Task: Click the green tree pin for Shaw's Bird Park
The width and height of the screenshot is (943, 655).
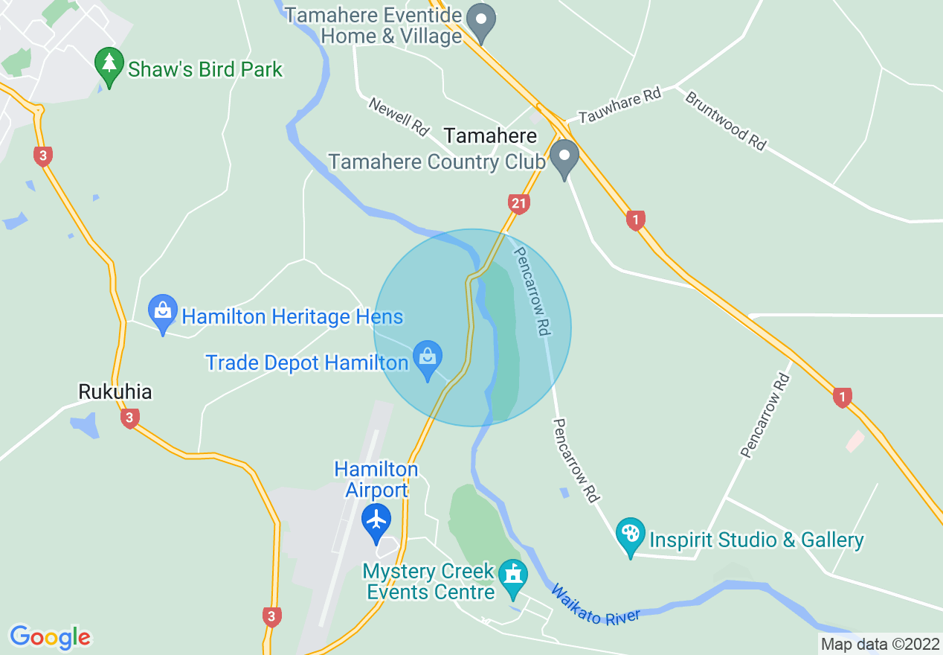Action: click(x=110, y=65)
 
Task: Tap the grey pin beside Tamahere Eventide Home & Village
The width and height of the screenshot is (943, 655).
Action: click(x=484, y=21)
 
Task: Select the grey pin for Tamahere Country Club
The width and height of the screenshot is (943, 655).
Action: click(x=564, y=157)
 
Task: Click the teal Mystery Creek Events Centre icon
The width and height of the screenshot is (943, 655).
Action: click(x=512, y=577)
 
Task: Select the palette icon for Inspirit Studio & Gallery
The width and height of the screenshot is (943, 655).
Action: click(x=631, y=534)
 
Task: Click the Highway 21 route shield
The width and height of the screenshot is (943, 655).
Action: click(x=519, y=203)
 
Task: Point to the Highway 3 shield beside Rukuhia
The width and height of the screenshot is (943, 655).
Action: click(x=129, y=418)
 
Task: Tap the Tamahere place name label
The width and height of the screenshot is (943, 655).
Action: click(x=490, y=136)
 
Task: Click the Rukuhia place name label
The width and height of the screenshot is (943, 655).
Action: click(x=115, y=392)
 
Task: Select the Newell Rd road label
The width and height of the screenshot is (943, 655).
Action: click(x=399, y=117)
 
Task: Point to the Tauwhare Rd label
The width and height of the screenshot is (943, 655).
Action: click(x=619, y=106)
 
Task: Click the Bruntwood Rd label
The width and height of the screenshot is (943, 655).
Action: click(x=725, y=121)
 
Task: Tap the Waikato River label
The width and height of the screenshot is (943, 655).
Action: click(x=595, y=606)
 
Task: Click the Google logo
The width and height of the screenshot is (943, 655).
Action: click(x=50, y=637)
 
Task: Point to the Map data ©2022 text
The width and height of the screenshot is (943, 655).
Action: click(x=880, y=644)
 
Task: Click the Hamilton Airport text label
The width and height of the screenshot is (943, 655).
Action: click(x=376, y=479)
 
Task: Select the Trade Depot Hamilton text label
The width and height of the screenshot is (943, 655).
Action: click(x=307, y=363)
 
